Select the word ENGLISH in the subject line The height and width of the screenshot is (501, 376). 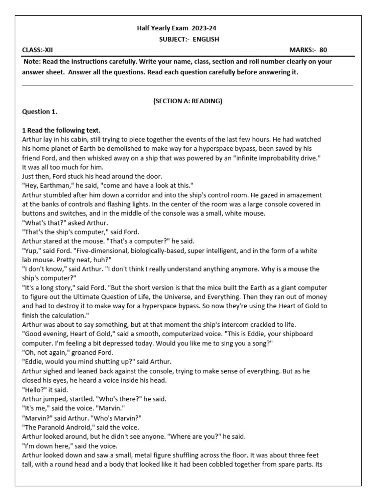[206, 39]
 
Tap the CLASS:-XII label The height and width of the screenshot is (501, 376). [38, 50]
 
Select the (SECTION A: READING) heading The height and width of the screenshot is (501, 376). [188, 101]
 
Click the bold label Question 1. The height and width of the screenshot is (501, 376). [40, 112]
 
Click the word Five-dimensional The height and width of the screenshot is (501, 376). [96, 250]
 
